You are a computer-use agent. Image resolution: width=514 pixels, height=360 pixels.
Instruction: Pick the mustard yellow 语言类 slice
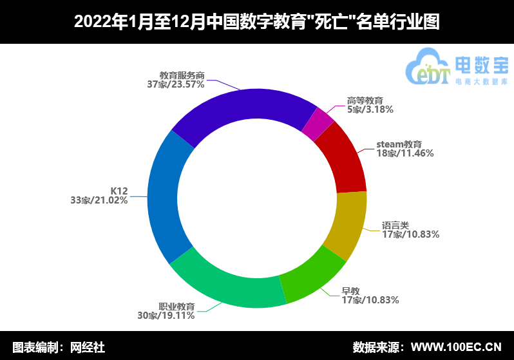pos(346,225)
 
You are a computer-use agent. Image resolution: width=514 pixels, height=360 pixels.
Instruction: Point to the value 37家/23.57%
pos(175,84)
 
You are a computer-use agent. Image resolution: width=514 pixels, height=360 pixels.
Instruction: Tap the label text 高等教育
pos(365,100)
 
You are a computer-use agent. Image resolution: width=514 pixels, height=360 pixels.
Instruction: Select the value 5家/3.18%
pos(370,109)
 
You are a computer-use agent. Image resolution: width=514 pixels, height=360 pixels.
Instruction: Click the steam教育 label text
pos(399,144)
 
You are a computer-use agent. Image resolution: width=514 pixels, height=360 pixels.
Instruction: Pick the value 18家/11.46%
pos(405,153)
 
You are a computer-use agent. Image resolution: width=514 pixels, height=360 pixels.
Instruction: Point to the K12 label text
pos(119,191)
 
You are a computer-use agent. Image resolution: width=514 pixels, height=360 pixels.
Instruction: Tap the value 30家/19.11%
pos(166,316)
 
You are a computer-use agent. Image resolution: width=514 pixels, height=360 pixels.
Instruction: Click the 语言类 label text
pos(395,225)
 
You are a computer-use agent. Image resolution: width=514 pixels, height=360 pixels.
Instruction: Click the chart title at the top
pos(256,22)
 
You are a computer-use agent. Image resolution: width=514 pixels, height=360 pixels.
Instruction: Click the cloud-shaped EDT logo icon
pos(428,66)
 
